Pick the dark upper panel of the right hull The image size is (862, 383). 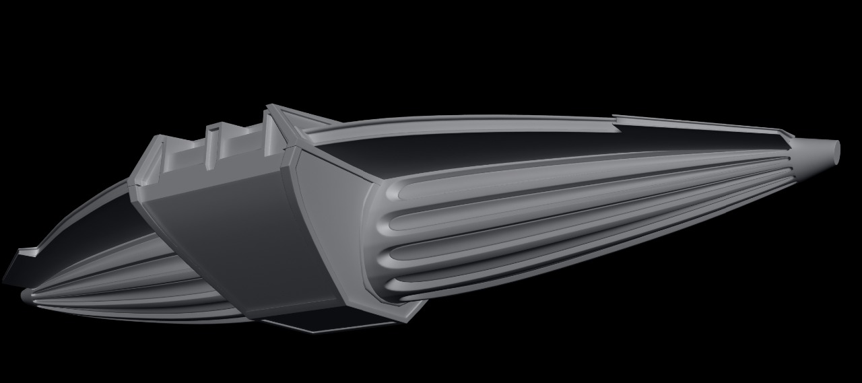click(471, 148)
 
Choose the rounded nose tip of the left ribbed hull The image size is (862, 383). click(27, 295)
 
